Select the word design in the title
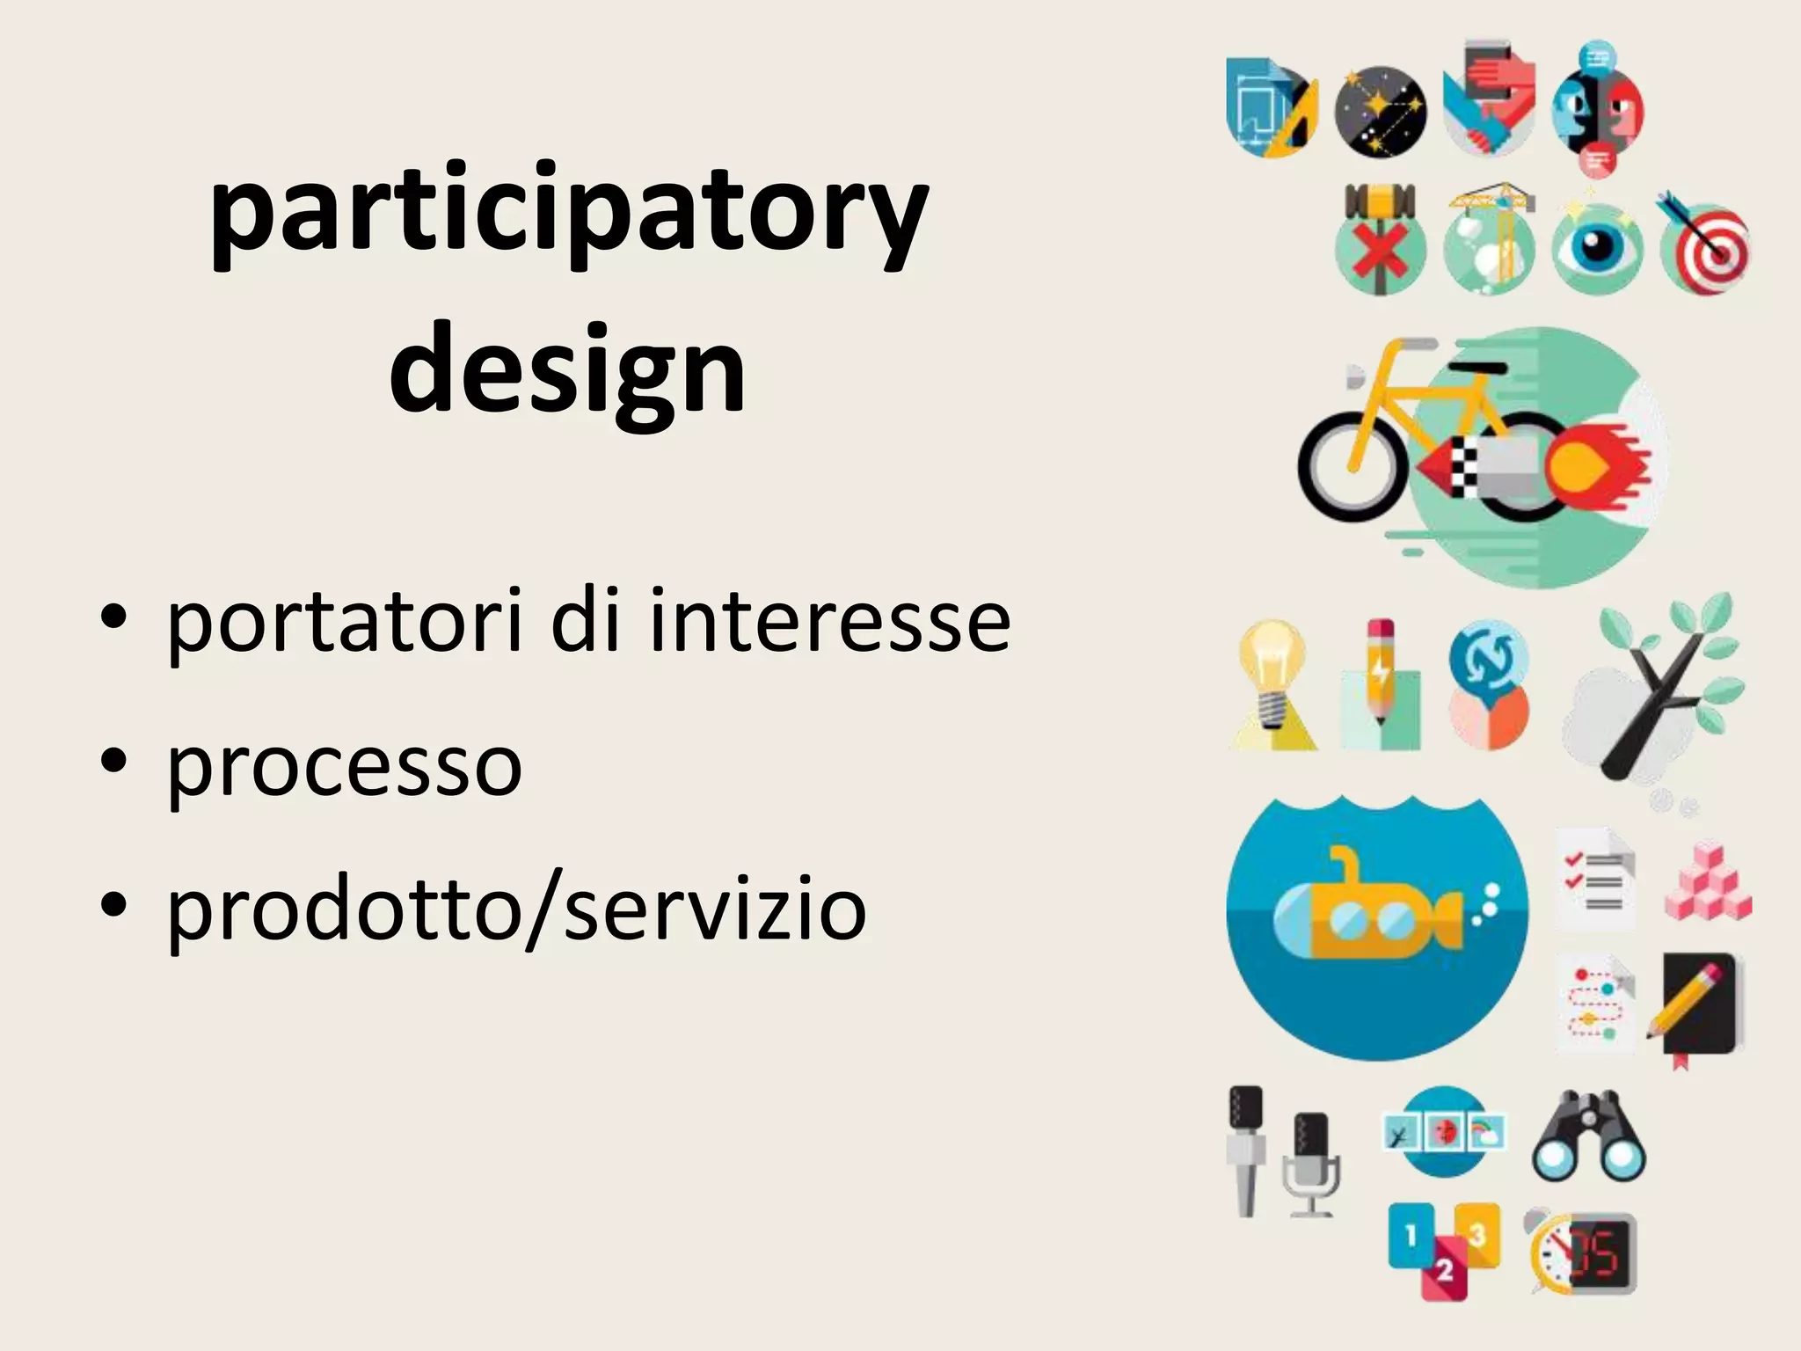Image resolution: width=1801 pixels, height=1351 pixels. pyautogui.click(x=568, y=369)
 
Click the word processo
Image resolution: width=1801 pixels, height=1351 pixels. pyautogui.click(x=345, y=765)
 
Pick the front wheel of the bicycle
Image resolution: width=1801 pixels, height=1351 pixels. pyautogui.click(x=1352, y=467)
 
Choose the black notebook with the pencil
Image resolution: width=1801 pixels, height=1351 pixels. pyautogui.click(x=1701, y=1007)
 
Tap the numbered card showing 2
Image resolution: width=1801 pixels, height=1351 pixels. pyautogui.click(x=1444, y=1270)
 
